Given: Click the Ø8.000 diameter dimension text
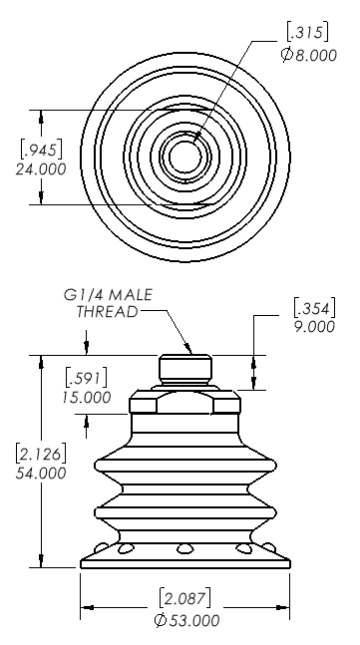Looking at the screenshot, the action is coord(309,55).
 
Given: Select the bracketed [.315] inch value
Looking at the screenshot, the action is coord(308,33).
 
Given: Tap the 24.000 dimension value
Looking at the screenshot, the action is coord(41,169).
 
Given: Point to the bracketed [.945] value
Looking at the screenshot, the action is coord(42,150).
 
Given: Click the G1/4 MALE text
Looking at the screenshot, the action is coord(108,295).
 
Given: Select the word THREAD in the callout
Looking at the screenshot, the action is coord(107,312).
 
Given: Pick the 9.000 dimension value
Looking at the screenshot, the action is coord(315,327).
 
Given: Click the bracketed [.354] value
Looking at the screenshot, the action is coord(315,308).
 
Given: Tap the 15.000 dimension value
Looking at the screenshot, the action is coord(87,398).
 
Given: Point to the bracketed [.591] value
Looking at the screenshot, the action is coord(87,378).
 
